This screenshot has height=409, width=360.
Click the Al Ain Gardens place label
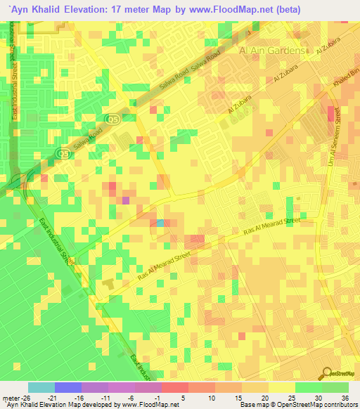pyautogui.click(x=274, y=51)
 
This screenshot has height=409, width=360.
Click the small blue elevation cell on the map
pyautogui.click(x=161, y=223)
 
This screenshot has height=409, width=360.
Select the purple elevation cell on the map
pyautogui.click(x=126, y=200)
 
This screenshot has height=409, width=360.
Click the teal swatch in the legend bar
pyautogui.click(x=41, y=387)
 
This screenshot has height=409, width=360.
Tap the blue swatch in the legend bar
pyautogui.click(x=68, y=387)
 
